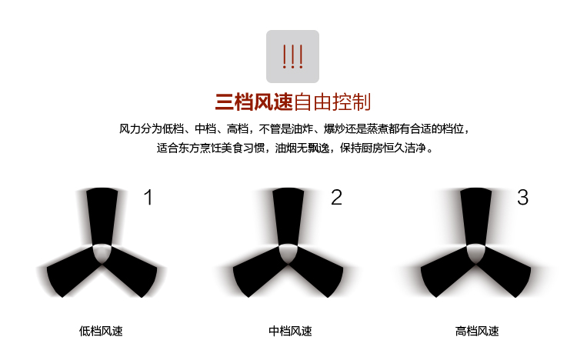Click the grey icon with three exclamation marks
point(292,56)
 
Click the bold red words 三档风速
point(254,102)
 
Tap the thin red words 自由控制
point(332,102)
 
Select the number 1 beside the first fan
point(148,197)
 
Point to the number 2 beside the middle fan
point(336,197)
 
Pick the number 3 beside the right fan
point(522,197)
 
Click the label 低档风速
point(101,331)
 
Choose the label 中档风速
point(290,331)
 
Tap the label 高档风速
point(477,331)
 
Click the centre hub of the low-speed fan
point(102,253)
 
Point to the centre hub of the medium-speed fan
point(288,253)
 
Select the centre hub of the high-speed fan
point(475,253)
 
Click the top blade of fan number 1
point(102,215)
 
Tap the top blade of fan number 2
point(288,215)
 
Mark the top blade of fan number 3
point(475,215)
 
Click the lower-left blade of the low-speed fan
point(72,272)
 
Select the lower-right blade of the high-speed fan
point(504,272)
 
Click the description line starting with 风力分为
point(294,128)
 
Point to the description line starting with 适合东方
point(295,148)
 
